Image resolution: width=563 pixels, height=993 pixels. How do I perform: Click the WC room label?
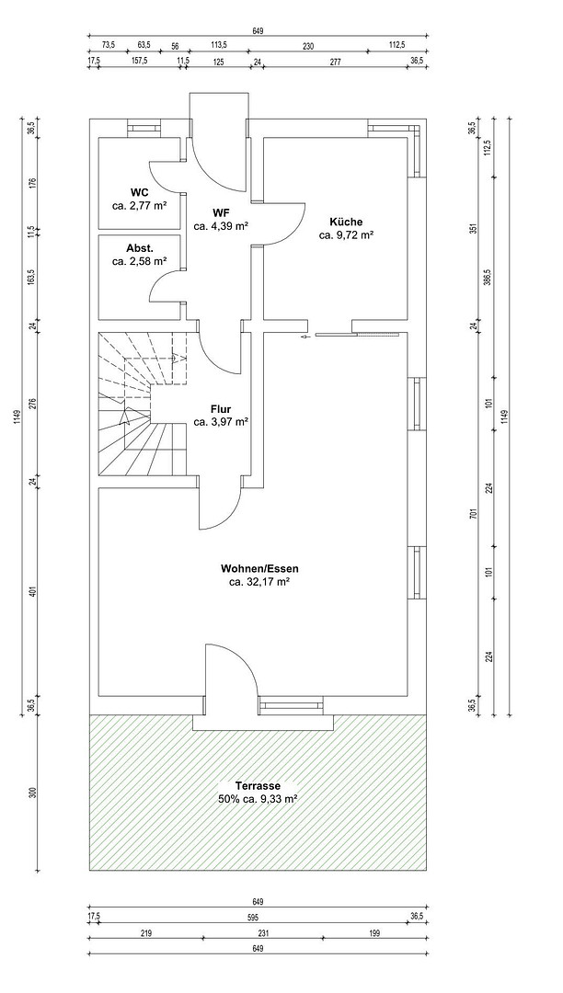click(x=139, y=192)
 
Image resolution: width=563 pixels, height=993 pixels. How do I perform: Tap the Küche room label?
click(x=346, y=222)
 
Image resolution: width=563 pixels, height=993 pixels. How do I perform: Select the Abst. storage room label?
click(x=139, y=248)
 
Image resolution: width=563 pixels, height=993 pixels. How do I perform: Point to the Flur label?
click(x=221, y=409)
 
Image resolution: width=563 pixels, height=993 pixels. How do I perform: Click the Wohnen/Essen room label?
click(x=259, y=568)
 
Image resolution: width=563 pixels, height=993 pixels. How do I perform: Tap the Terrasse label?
click(x=258, y=786)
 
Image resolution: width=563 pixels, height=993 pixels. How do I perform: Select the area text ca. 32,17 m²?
click(x=259, y=581)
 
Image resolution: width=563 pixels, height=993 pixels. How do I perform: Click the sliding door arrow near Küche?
click(x=305, y=337)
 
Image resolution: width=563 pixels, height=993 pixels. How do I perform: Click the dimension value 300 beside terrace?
click(x=34, y=793)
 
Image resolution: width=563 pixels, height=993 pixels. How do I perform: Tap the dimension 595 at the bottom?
click(x=258, y=917)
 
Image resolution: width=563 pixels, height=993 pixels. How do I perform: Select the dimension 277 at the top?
click(x=336, y=62)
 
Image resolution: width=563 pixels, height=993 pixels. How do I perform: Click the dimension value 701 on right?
click(x=472, y=514)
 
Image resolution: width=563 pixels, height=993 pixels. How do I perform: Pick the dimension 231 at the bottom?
click(x=264, y=933)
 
